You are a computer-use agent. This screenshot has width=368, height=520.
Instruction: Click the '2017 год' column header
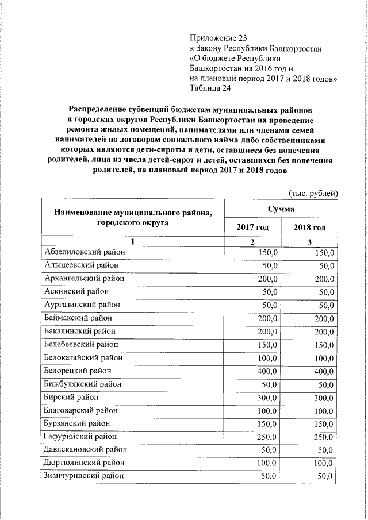tap(252, 228)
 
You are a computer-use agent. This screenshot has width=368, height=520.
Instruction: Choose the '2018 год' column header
tap(309, 228)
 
